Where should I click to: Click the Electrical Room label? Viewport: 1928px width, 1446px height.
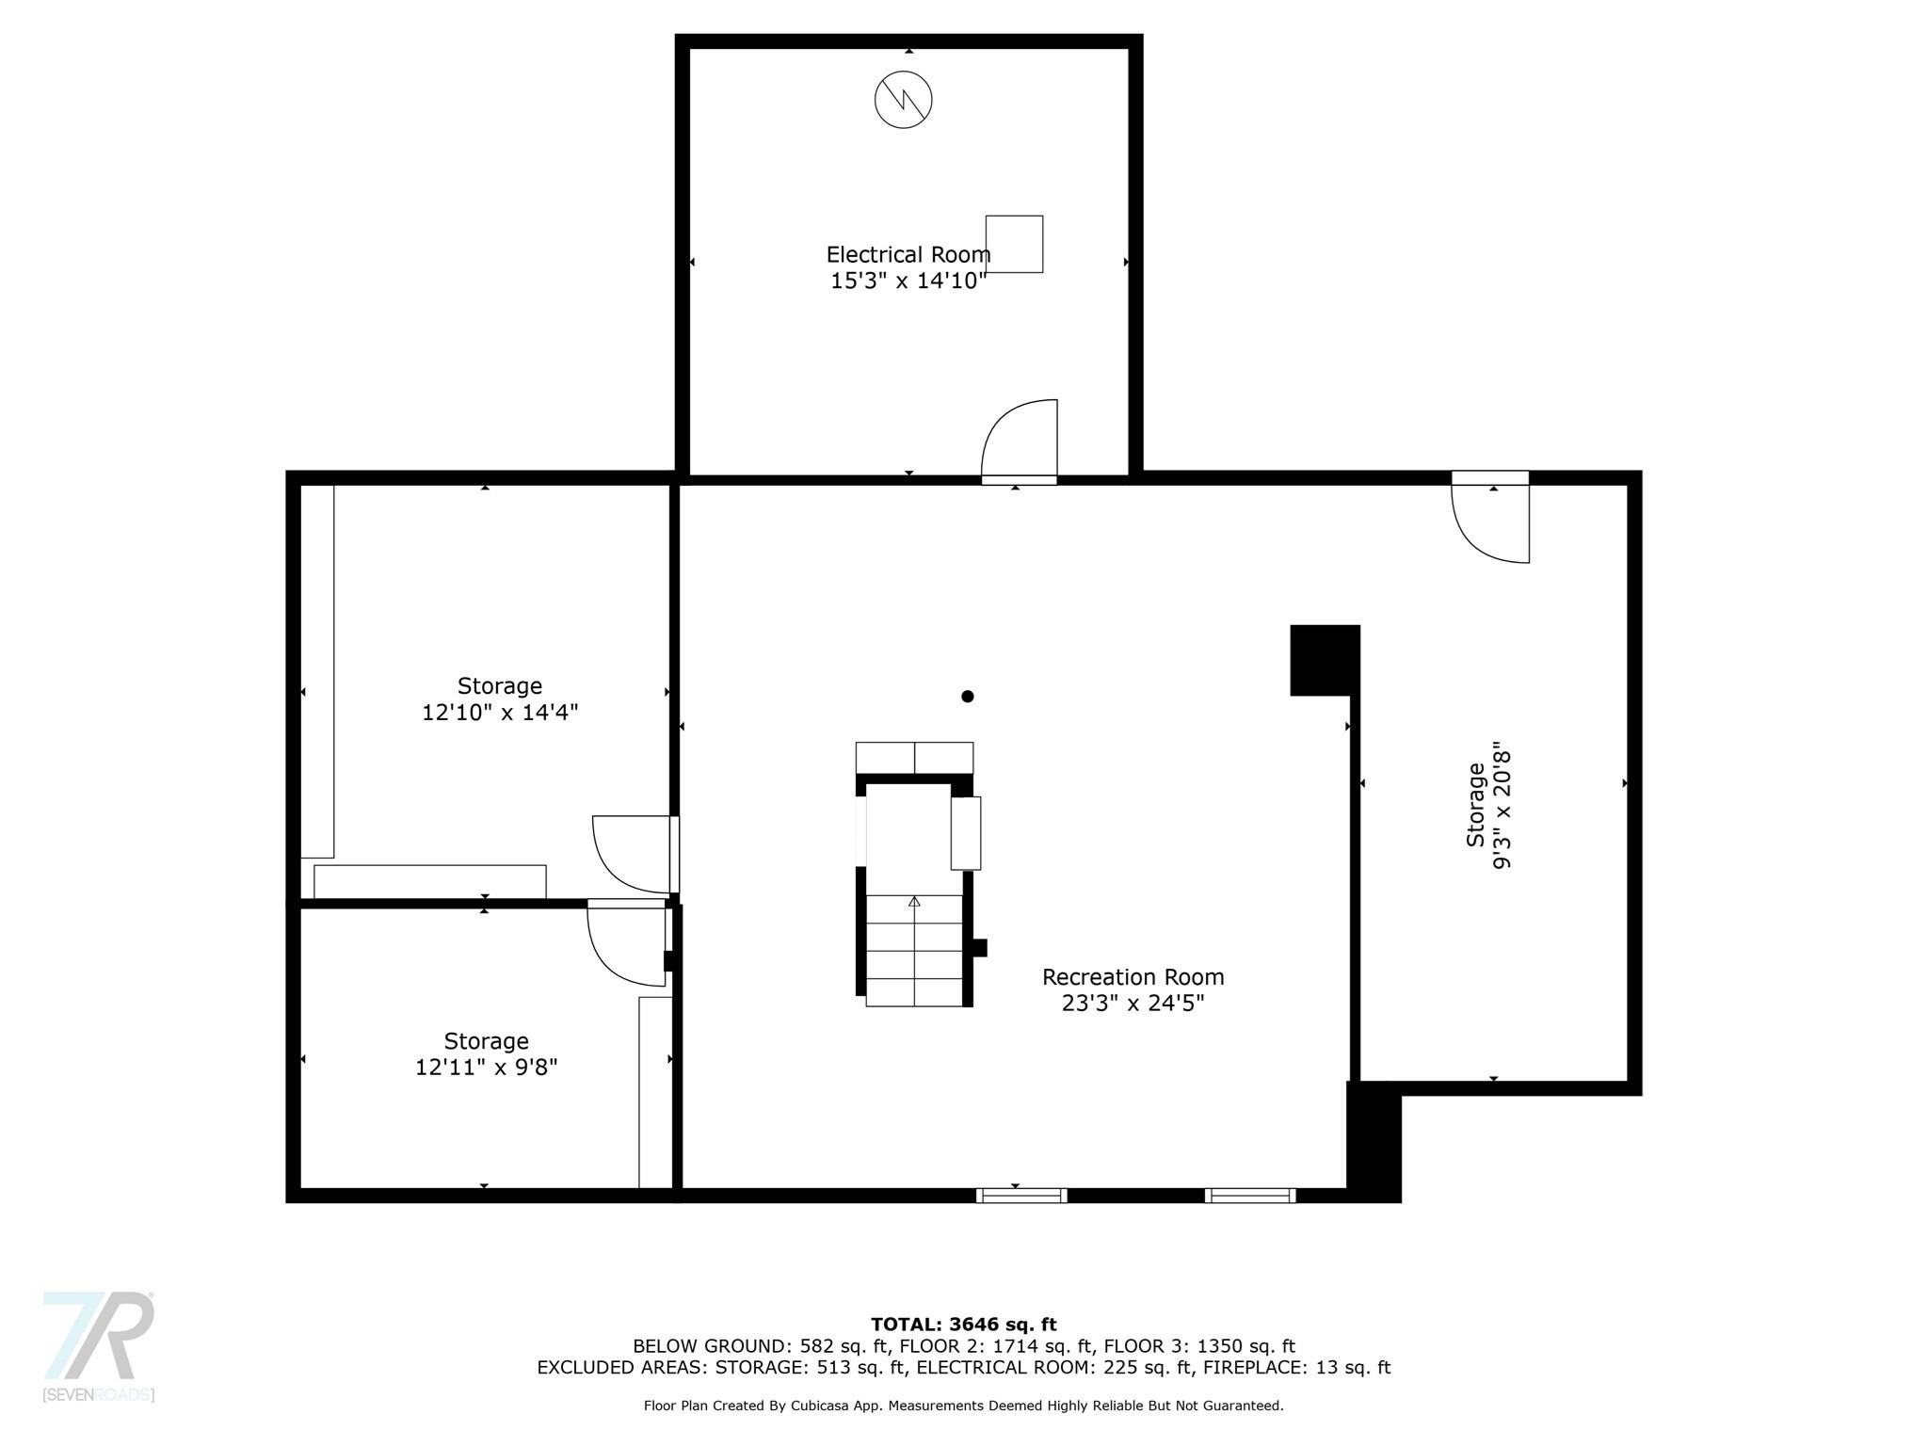(x=908, y=254)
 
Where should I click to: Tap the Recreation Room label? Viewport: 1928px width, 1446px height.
(x=1133, y=977)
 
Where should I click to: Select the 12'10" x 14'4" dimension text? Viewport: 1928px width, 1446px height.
(x=500, y=713)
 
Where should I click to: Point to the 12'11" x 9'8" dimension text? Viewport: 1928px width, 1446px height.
(x=487, y=1068)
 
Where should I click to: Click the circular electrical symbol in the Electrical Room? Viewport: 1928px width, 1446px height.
(x=904, y=99)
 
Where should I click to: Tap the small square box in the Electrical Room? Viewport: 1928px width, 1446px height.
(x=1014, y=244)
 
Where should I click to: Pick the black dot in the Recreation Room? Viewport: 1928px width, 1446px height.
(x=967, y=697)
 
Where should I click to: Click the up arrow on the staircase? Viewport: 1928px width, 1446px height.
(x=914, y=901)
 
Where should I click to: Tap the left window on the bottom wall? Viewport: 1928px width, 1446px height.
(x=1021, y=1196)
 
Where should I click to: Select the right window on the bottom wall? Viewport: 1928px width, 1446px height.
(x=1250, y=1196)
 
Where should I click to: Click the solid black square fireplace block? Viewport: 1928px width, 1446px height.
(x=1325, y=660)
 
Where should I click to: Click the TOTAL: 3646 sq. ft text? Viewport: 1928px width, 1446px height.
(x=964, y=1325)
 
